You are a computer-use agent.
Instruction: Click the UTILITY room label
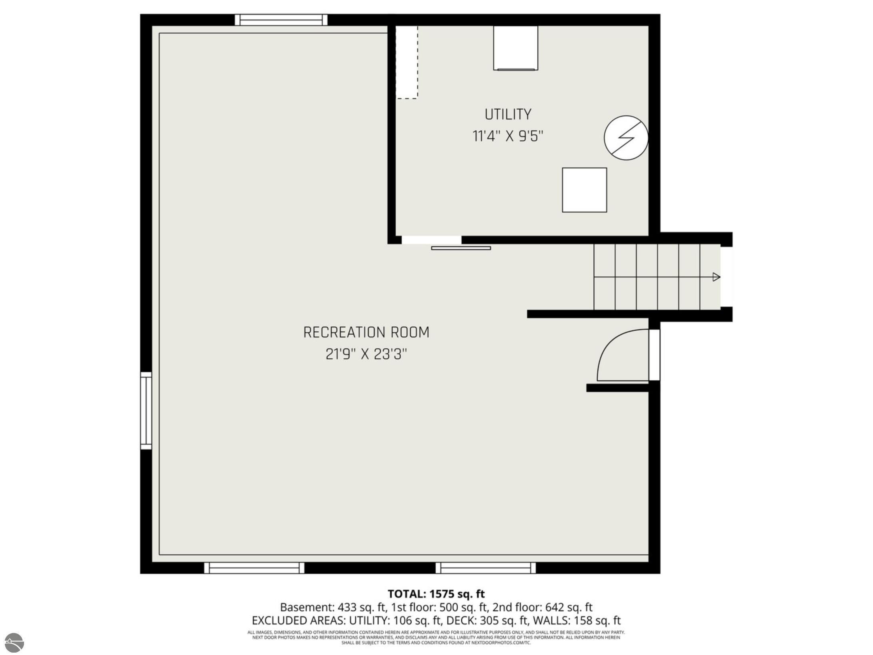508,115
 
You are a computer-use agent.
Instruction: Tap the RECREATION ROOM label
366,332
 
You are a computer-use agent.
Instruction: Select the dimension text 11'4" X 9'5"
508,136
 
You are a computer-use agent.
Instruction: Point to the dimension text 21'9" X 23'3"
366,354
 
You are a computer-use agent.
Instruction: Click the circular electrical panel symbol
626,138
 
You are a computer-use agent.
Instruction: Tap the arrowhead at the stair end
717,277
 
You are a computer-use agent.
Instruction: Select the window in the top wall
281,20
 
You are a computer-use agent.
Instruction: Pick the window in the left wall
146,410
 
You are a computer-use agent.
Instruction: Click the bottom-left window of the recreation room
254,568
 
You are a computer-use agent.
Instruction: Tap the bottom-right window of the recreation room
485,568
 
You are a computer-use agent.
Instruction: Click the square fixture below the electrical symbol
584,190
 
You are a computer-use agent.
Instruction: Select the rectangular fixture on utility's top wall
515,48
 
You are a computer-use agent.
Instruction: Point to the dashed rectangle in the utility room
407,62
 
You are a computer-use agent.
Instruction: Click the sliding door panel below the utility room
461,248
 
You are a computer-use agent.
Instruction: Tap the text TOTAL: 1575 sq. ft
436,593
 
